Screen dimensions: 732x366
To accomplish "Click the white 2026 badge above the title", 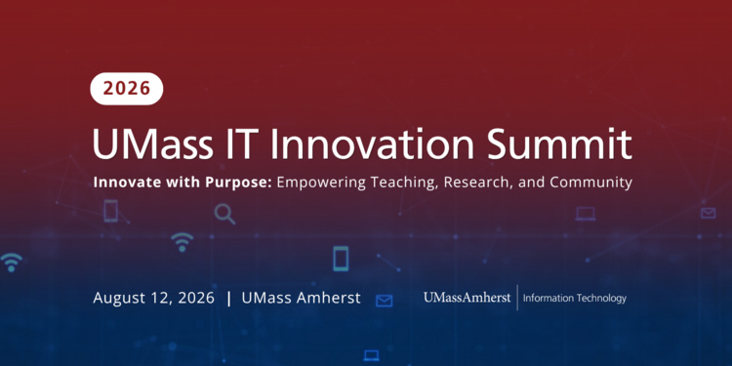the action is point(127,88).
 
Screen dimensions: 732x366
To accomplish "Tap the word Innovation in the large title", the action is point(372,143).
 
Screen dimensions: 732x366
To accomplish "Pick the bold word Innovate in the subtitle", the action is point(124,183).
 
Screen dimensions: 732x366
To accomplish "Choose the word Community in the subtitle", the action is point(591,183).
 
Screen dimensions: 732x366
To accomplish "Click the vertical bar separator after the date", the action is point(228,299).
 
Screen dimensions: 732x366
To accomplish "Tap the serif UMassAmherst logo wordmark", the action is point(468,298).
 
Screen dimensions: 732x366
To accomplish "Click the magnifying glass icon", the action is point(224,214).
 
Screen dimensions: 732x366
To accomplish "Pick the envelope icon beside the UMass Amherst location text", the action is point(385,301).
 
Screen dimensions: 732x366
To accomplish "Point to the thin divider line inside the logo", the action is point(517,298).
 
